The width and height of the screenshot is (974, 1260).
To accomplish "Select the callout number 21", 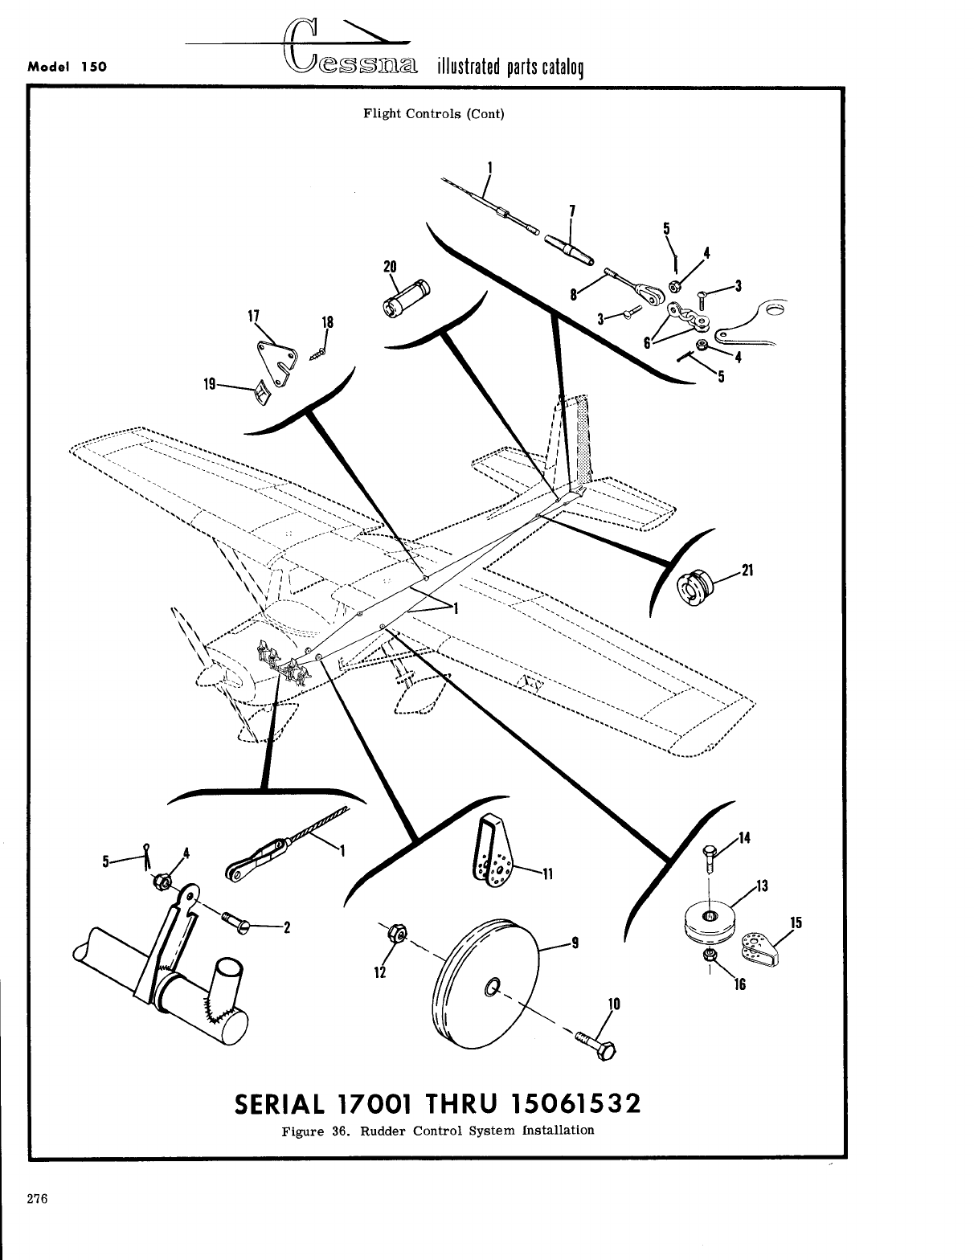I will pos(747,571).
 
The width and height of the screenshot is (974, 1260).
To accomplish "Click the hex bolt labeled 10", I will pos(595,1044).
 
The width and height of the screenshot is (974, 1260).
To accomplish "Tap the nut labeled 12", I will pos(396,933).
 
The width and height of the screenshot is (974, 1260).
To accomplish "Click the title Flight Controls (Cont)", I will pos(434,113).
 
